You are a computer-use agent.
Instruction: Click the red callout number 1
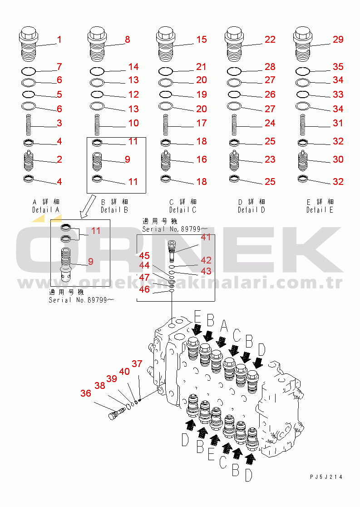pyautogui.click(x=59, y=40)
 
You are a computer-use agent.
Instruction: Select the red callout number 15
pyautogui.click(x=201, y=40)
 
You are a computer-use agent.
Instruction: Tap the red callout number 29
pyautogui.click(x=338, y=40)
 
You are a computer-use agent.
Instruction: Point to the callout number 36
pyautogui.click(x=85, y=393)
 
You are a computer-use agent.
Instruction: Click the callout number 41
pyautogui.click(x=206, y=237)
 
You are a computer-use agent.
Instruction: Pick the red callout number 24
pyautogui.click(x=270, y=123)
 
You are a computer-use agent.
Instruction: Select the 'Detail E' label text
pyautogui.click(x=320, y=210)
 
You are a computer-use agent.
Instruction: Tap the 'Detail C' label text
pyautogui.click(x=182, y=210)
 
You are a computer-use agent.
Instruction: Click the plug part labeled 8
pyautogui.click(x=98, y=46)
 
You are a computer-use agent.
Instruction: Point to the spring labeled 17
pyautogui.click(x=166, y=123)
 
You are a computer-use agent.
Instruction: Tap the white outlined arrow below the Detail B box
pyautogui.click(x=86, y=207)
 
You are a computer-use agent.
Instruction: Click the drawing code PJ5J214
pyautogui.click(x=326, y=477)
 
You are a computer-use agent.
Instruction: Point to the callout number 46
pyautogui.click(x=144, y=289)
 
